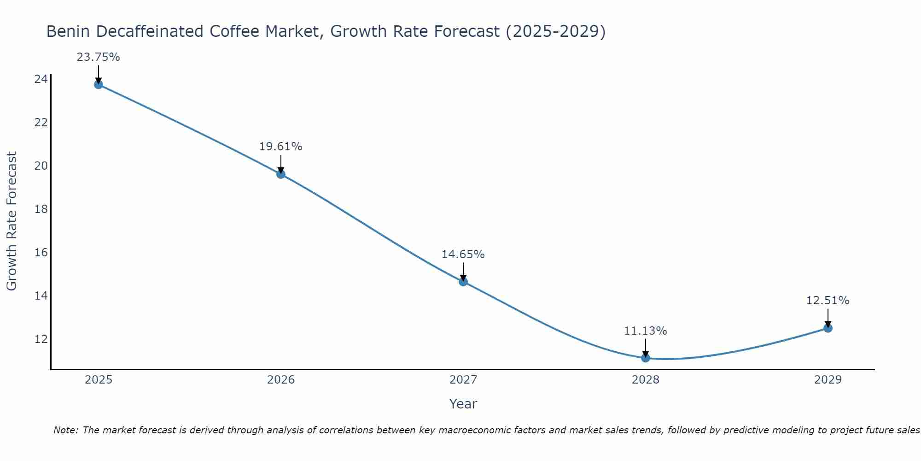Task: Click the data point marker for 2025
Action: point(98,84)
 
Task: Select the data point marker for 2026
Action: point(281,174)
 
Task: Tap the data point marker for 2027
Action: point(463,282)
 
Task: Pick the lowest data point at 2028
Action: point(646,358)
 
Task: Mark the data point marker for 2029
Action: point(828,328)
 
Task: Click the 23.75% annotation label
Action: point(98,57)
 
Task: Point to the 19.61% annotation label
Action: point(281,147)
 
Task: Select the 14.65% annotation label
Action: point(463,254)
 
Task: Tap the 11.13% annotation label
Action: point(646,331)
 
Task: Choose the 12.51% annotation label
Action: point(828,301)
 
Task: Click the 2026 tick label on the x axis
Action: point(281,380)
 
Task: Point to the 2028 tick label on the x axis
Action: point(646,380)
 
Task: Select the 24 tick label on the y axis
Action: point(41,79)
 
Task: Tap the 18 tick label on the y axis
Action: point(41,209)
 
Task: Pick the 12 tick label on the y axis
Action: point(41,339)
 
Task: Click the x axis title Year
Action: point(463,404)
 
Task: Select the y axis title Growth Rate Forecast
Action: point(12,221)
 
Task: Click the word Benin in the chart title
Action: point(69,32)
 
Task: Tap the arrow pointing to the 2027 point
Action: point(463,272)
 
